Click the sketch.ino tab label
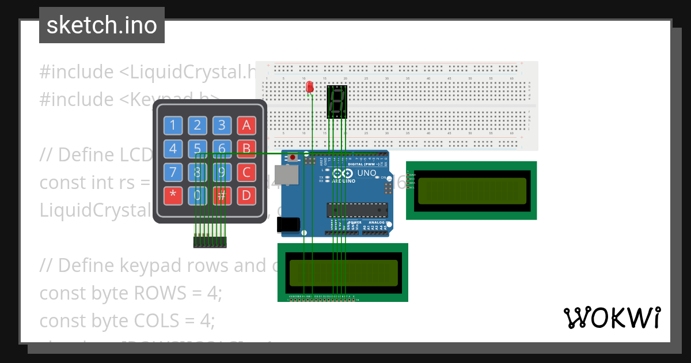101,25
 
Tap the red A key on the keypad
246,125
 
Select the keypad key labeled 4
173,149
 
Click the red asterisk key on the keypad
173,195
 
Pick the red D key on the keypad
246,195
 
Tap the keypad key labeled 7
173,172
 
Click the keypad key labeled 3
222,125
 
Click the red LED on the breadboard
310,87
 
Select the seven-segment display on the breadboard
337,101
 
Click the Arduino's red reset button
293,157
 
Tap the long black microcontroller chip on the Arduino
351,211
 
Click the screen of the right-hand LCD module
472,191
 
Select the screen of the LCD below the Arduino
344,273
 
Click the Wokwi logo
612,318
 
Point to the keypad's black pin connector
210,242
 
